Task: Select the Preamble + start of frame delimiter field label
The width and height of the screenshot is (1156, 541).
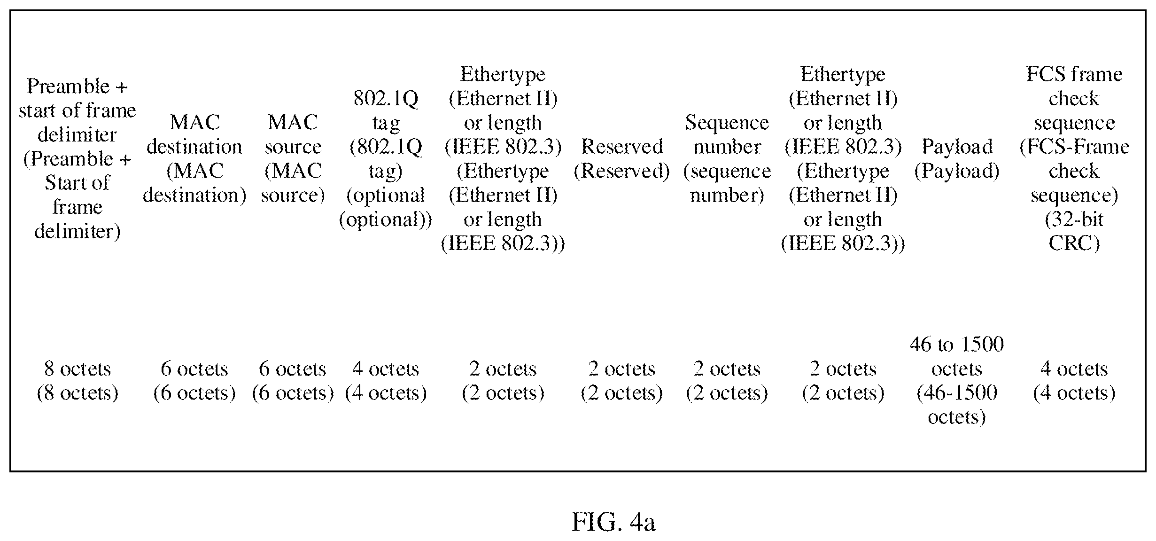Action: coord(78,158)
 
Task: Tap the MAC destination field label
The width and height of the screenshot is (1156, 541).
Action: coord(194,158)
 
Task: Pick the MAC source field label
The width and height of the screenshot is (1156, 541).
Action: coord(293,158)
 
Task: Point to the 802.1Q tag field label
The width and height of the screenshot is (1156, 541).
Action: coord(386,158)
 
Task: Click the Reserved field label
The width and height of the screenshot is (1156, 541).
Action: coord(622,158)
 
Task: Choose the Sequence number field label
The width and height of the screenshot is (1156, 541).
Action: coord(727,158)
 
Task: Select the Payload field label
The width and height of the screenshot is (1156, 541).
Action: coord(957,158)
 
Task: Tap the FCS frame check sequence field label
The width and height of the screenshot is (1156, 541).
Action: coord(1074,158)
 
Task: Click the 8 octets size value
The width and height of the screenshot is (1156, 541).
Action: coord(78,381)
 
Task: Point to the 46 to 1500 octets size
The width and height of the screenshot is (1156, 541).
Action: coord(957,381)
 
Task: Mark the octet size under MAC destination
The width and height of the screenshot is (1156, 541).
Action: coord(194,381)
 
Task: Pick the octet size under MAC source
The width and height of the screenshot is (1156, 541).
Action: coord(293,381)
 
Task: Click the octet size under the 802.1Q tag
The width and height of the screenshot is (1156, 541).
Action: coord(386,381)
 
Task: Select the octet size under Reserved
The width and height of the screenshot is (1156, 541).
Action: coord(622,381)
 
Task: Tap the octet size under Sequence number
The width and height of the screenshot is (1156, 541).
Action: coord(727,381)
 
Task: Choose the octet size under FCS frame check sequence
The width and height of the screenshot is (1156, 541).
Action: coord(1074,381)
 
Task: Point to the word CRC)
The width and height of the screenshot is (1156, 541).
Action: coord(1074,243)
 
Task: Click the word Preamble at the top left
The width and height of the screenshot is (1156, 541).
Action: coord(68,86)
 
